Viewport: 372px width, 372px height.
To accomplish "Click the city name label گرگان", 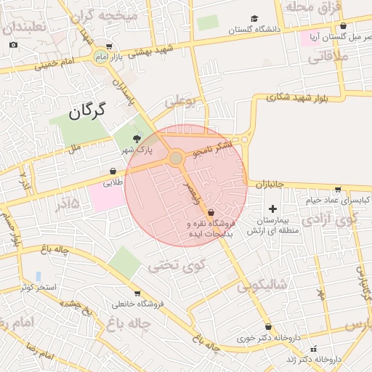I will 87,111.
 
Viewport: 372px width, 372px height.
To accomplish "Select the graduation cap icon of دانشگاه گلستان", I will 254,19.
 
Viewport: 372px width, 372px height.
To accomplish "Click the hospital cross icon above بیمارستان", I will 272,209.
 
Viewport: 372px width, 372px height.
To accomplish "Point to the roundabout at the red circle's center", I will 176,158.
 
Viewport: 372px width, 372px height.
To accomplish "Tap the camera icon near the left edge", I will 13,45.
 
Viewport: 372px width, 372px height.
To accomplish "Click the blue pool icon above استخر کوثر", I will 38,276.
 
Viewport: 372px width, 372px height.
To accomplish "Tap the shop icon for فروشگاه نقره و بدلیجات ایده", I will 211,213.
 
